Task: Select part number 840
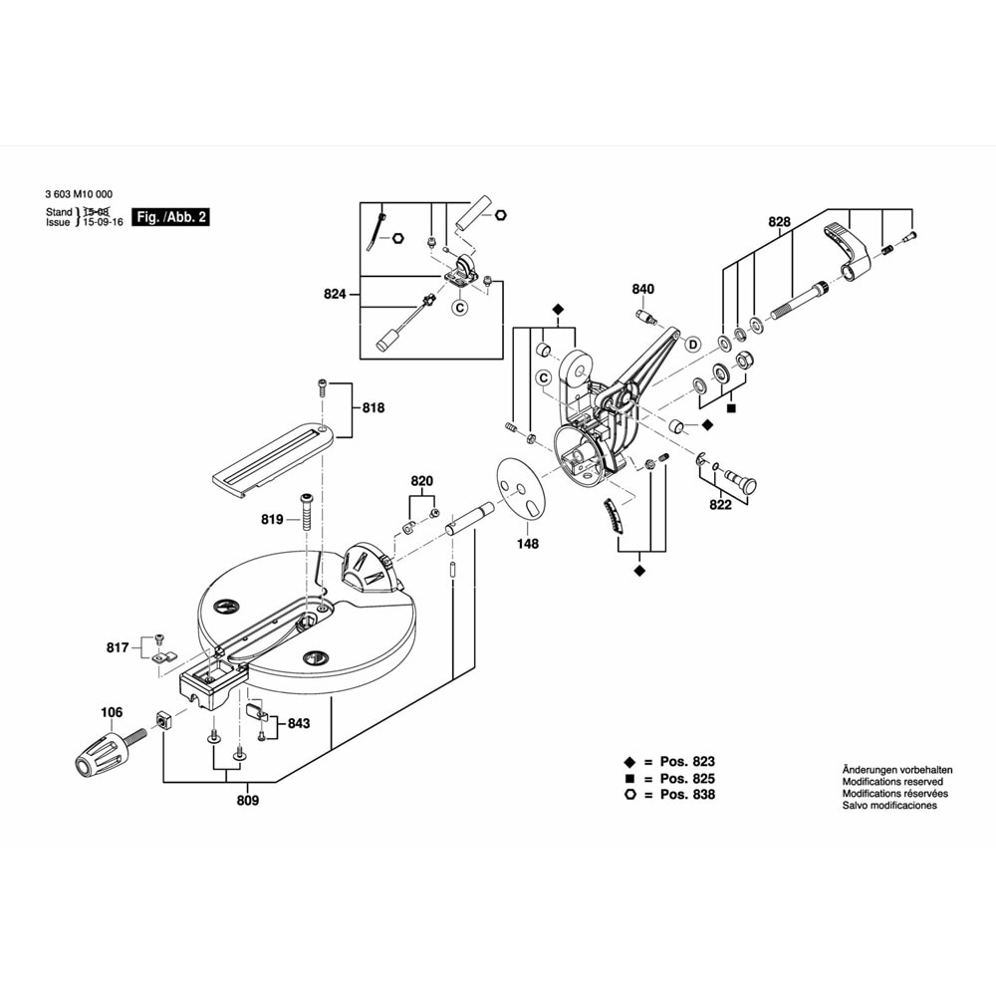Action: coord(643,290)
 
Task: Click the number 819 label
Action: coord(273,519)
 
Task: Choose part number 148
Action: coord(527,544)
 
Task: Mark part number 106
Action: coord(112,712)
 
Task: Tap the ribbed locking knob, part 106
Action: coord(100,754)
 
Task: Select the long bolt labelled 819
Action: coord(307,518)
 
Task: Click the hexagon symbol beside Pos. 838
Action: coord(630,795)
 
